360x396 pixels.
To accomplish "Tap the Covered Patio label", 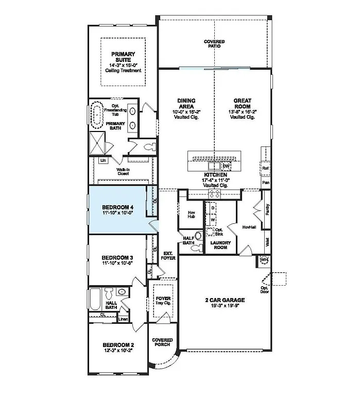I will pos(214,44).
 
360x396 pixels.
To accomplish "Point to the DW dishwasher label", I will pos(225,166).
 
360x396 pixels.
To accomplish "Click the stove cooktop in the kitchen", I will pos(214,193).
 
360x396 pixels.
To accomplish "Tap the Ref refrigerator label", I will pos(266,169).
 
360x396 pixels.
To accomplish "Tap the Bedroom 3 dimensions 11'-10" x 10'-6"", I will pos(117,263).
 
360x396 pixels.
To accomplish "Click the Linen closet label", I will pos(123,319).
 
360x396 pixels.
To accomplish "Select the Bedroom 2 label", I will pos(118,345).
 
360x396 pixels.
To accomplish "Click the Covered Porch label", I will pos(162,343).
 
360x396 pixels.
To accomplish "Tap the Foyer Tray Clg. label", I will pos(163,301).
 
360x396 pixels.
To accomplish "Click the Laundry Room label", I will pos(219,244).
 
